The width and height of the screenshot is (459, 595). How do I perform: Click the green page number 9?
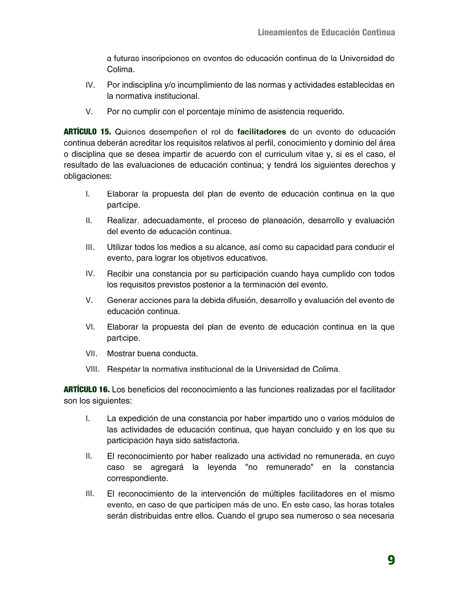tap(391, 560)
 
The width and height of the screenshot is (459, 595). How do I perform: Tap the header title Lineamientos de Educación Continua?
tap(326, 32)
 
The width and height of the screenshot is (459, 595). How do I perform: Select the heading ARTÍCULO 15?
tap(87, 132)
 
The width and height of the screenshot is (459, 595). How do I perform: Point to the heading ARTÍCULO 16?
tap(87, 390)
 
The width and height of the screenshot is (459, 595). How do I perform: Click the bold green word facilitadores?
tap(262, 132)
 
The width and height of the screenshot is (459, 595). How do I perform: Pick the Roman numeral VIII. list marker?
tap(93, 369)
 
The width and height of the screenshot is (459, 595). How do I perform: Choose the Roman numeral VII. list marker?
tap(91, 353)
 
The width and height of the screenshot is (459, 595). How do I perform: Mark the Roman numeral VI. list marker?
tap(90, 327)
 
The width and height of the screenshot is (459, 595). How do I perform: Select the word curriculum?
tap(283, 154)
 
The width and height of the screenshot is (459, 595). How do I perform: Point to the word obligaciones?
tap(87, 176)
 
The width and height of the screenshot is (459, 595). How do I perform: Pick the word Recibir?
tap(119, 274)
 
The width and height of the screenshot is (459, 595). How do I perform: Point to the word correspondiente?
tap(138, 479)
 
